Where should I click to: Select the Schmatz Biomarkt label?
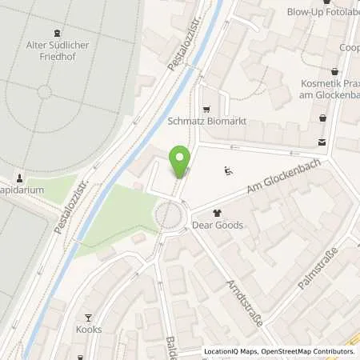206,122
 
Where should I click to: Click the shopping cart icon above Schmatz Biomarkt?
207,109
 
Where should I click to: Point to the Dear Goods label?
218,226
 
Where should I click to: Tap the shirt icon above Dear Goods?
218,213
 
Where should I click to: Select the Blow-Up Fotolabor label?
323,12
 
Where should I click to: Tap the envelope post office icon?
322,142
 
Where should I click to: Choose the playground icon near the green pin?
228,170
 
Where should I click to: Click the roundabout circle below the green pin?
170,214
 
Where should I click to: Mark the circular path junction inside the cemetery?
45,92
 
